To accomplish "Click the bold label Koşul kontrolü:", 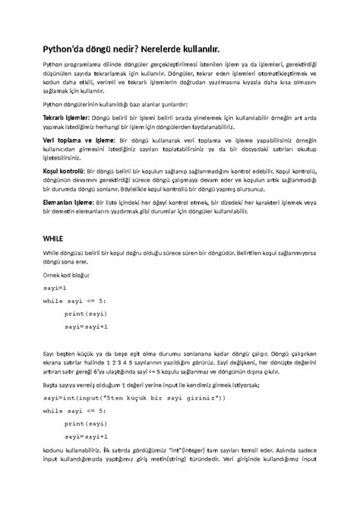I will click(x=62, y=172).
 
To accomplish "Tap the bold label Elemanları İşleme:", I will click(x=67, y=203).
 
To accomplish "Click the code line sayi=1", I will click(x=55, y=289).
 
